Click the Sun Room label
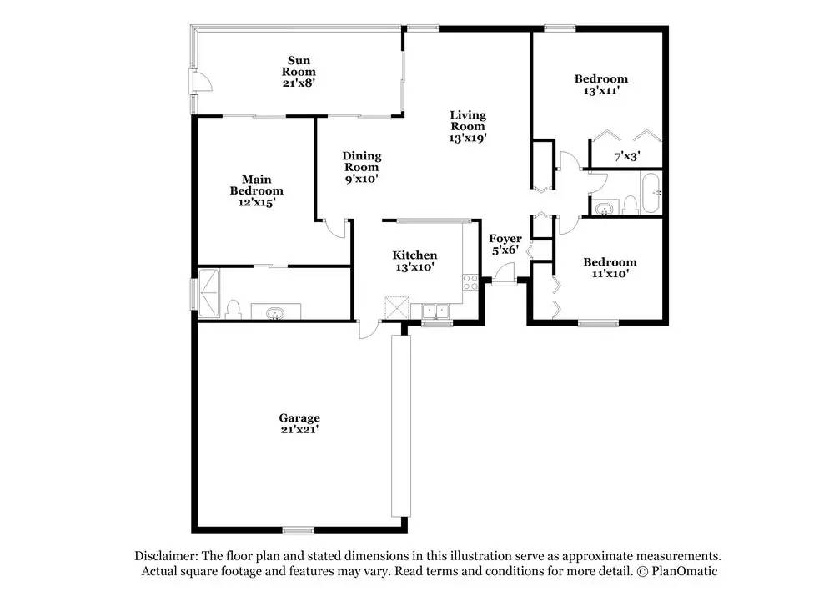(299, 66)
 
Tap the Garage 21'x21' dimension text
(299, 430)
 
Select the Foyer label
(505, 239)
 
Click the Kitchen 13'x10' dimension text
(414, 266)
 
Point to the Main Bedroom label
(256, 185)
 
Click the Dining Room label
(362, 161)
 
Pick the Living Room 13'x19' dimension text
(468, 138)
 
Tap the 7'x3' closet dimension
(627, 156)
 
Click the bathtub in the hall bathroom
(651, 193)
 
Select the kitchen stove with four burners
(470, 283)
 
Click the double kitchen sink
(435, 311)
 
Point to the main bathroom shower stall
(208, 293)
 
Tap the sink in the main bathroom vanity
(275, 313)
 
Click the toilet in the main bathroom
(233, 310)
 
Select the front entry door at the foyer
(503, 277)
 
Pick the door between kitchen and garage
(368, 329)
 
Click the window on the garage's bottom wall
(298, 530)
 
